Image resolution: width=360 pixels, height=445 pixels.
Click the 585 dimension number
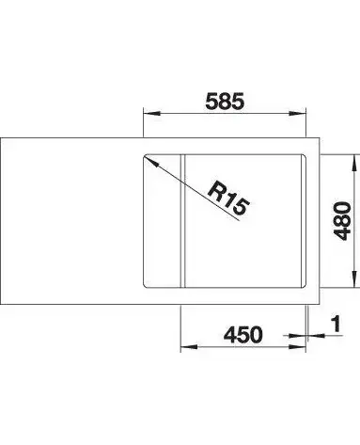point(225,102)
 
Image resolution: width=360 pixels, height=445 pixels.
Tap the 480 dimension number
point(342,221)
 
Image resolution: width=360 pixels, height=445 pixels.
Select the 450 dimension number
point(243,334)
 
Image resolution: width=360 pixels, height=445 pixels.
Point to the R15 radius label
point(228,198)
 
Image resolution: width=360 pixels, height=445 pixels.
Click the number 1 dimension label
point(336,324)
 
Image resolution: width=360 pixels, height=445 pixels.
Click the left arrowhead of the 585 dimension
point(151,114)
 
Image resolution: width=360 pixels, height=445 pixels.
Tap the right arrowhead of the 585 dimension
point(297,114)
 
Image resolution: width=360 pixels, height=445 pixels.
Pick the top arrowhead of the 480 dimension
point(354,163)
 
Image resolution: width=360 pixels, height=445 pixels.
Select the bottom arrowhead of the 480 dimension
point(354,279)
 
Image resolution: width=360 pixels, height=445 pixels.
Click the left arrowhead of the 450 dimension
point(189,347)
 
